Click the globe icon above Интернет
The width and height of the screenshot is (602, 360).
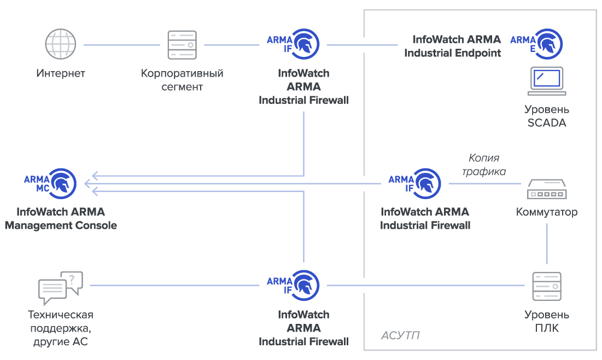(61, 45)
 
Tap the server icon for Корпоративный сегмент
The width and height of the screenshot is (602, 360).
(182, 45)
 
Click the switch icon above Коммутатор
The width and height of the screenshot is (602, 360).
(547, 190)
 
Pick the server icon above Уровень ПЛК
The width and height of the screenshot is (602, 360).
(547, 286)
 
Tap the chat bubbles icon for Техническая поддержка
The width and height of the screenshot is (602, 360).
(60, 288)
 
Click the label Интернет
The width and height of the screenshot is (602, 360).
(61, 73)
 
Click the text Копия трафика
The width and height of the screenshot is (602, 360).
(484, 165)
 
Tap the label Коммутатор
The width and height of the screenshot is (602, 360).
(547, 212)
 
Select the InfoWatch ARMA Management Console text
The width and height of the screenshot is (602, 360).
(61, 218)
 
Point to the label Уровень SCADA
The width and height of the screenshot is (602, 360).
(547, 116)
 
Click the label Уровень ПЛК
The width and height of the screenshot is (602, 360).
(547, 321)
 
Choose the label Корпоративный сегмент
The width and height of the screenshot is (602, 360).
(182, 80)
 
